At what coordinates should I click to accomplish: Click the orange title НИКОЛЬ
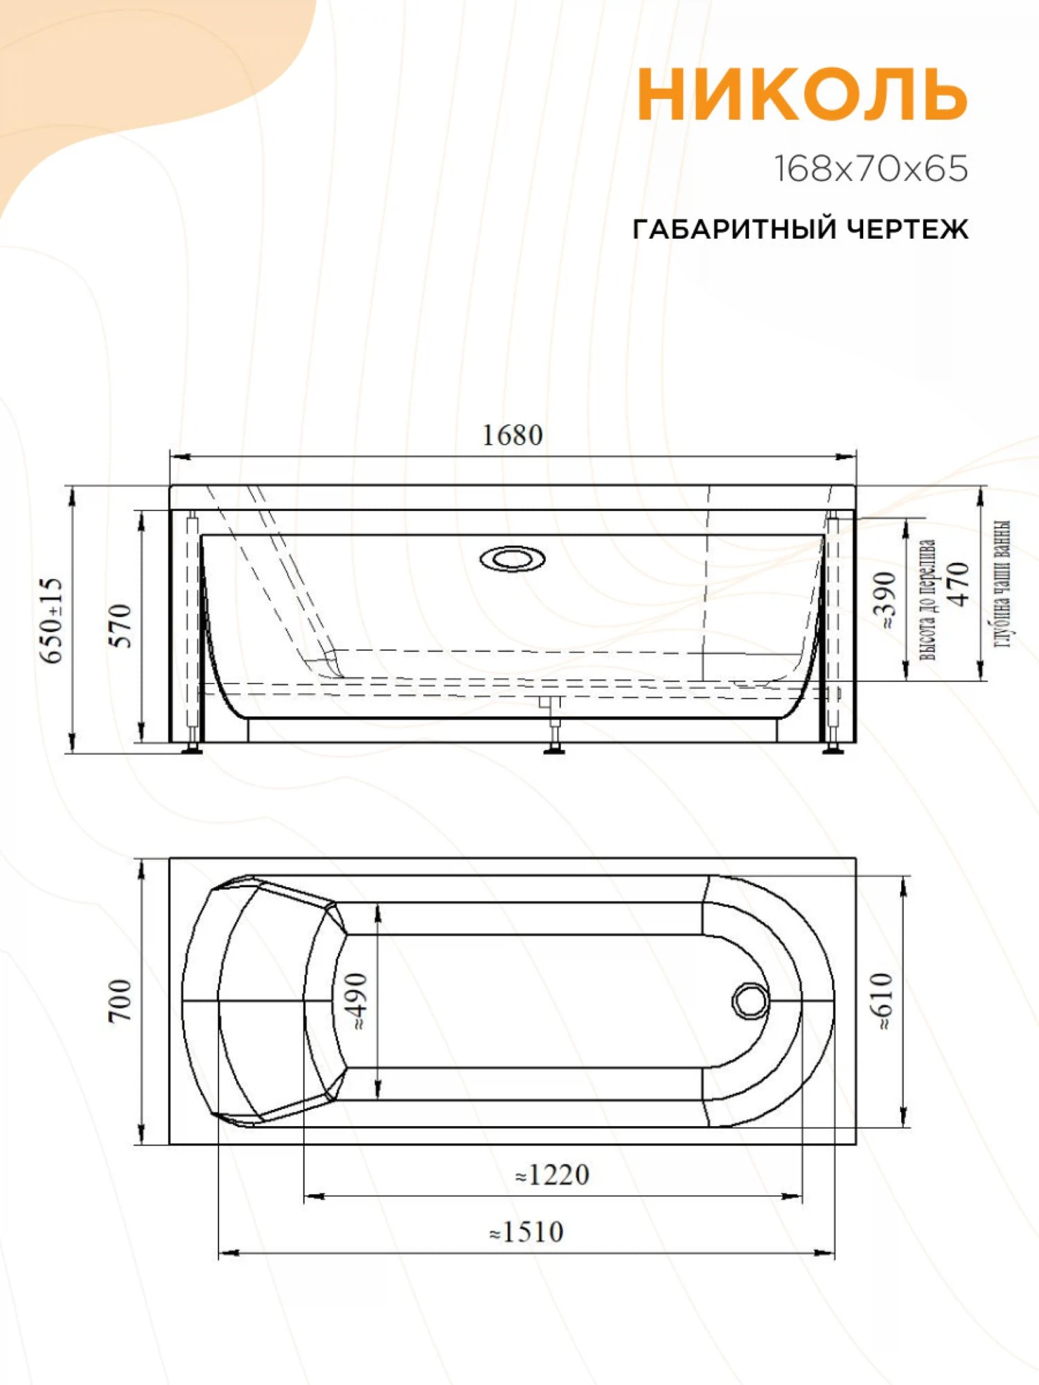tap(802, 94)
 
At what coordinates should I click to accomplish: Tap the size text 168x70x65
tap(870, 169)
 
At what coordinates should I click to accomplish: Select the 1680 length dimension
tap(512, 436)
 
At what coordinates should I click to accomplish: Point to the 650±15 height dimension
tap(52, 620)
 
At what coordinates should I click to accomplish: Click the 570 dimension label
tap(121, 625)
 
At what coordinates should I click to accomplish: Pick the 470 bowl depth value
tap(958, 584)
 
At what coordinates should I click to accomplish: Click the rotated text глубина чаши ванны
tap(1002, 584)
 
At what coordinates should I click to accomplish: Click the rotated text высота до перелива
tap(927, 599)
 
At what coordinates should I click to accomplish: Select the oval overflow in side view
tap(512, 558)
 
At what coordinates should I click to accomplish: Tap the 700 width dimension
tap(119, 1000)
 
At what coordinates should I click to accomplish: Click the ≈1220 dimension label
tap(552, 1175)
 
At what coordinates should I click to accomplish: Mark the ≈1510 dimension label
tap(526, 1232)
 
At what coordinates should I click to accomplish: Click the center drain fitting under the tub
tap(553, 724)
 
